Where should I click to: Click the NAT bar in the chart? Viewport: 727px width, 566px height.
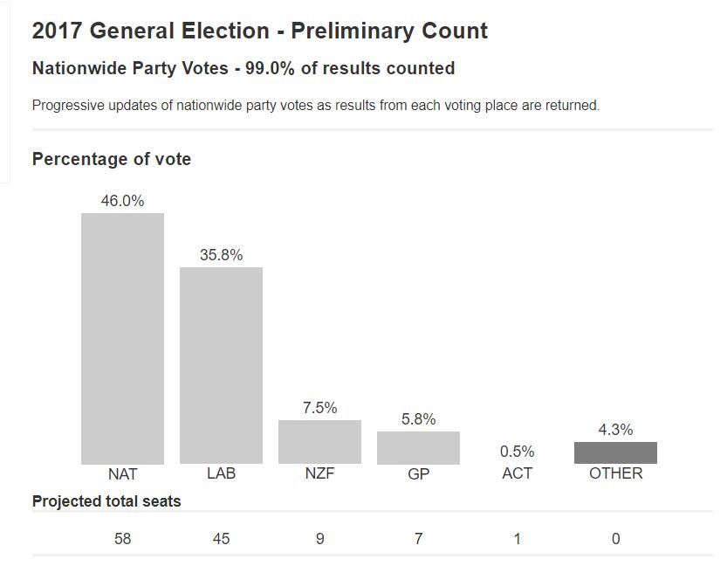click(x=122, y=338)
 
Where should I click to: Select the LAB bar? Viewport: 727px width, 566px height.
click(x=221, y=365)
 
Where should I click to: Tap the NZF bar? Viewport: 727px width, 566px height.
click(x=319, y=442)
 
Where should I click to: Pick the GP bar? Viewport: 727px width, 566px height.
click(x=418, y=447)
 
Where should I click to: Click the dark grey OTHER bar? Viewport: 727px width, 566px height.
click(x=615, y=452)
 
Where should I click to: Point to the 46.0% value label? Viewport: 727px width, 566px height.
click(x=122, y=201)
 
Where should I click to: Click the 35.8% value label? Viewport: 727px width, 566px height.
click(x=221, y=255)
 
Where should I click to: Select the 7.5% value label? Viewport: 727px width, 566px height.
click(x=319, y=408)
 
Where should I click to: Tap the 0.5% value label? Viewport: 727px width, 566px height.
click(x=517, y=452)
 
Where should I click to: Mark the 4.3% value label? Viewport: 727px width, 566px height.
click(x=615, y=430)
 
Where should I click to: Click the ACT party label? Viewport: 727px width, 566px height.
click(x=517, y=473)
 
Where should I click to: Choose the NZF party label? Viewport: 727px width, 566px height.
click(x=319, y=473)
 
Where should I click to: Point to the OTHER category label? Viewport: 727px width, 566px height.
click(x=615, y=473)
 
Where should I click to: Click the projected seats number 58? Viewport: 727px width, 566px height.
click(x=122, y=539)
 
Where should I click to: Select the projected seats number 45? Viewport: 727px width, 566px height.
click(x=221, y=539)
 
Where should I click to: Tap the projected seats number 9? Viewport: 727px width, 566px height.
click(x=319, y=539)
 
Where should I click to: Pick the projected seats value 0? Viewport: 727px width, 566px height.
click(x=615, y=539)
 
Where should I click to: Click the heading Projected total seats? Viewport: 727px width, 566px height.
click(x=106, y=501)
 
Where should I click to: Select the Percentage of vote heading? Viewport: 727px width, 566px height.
click(x=112, y=159)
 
